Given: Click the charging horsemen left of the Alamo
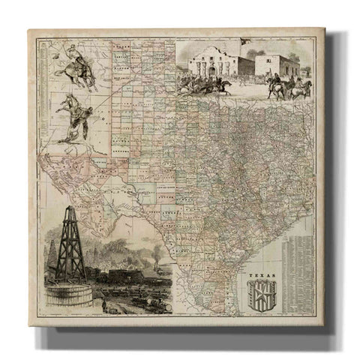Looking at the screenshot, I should (191, 80).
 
